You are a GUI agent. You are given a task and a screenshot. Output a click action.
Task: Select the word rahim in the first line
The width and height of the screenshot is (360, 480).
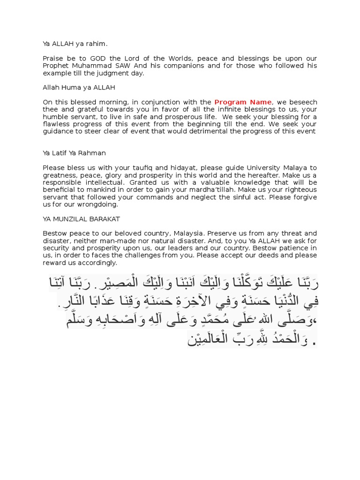click(97, 44)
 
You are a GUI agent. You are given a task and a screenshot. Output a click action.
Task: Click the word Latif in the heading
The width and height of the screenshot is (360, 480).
click(62, 153)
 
